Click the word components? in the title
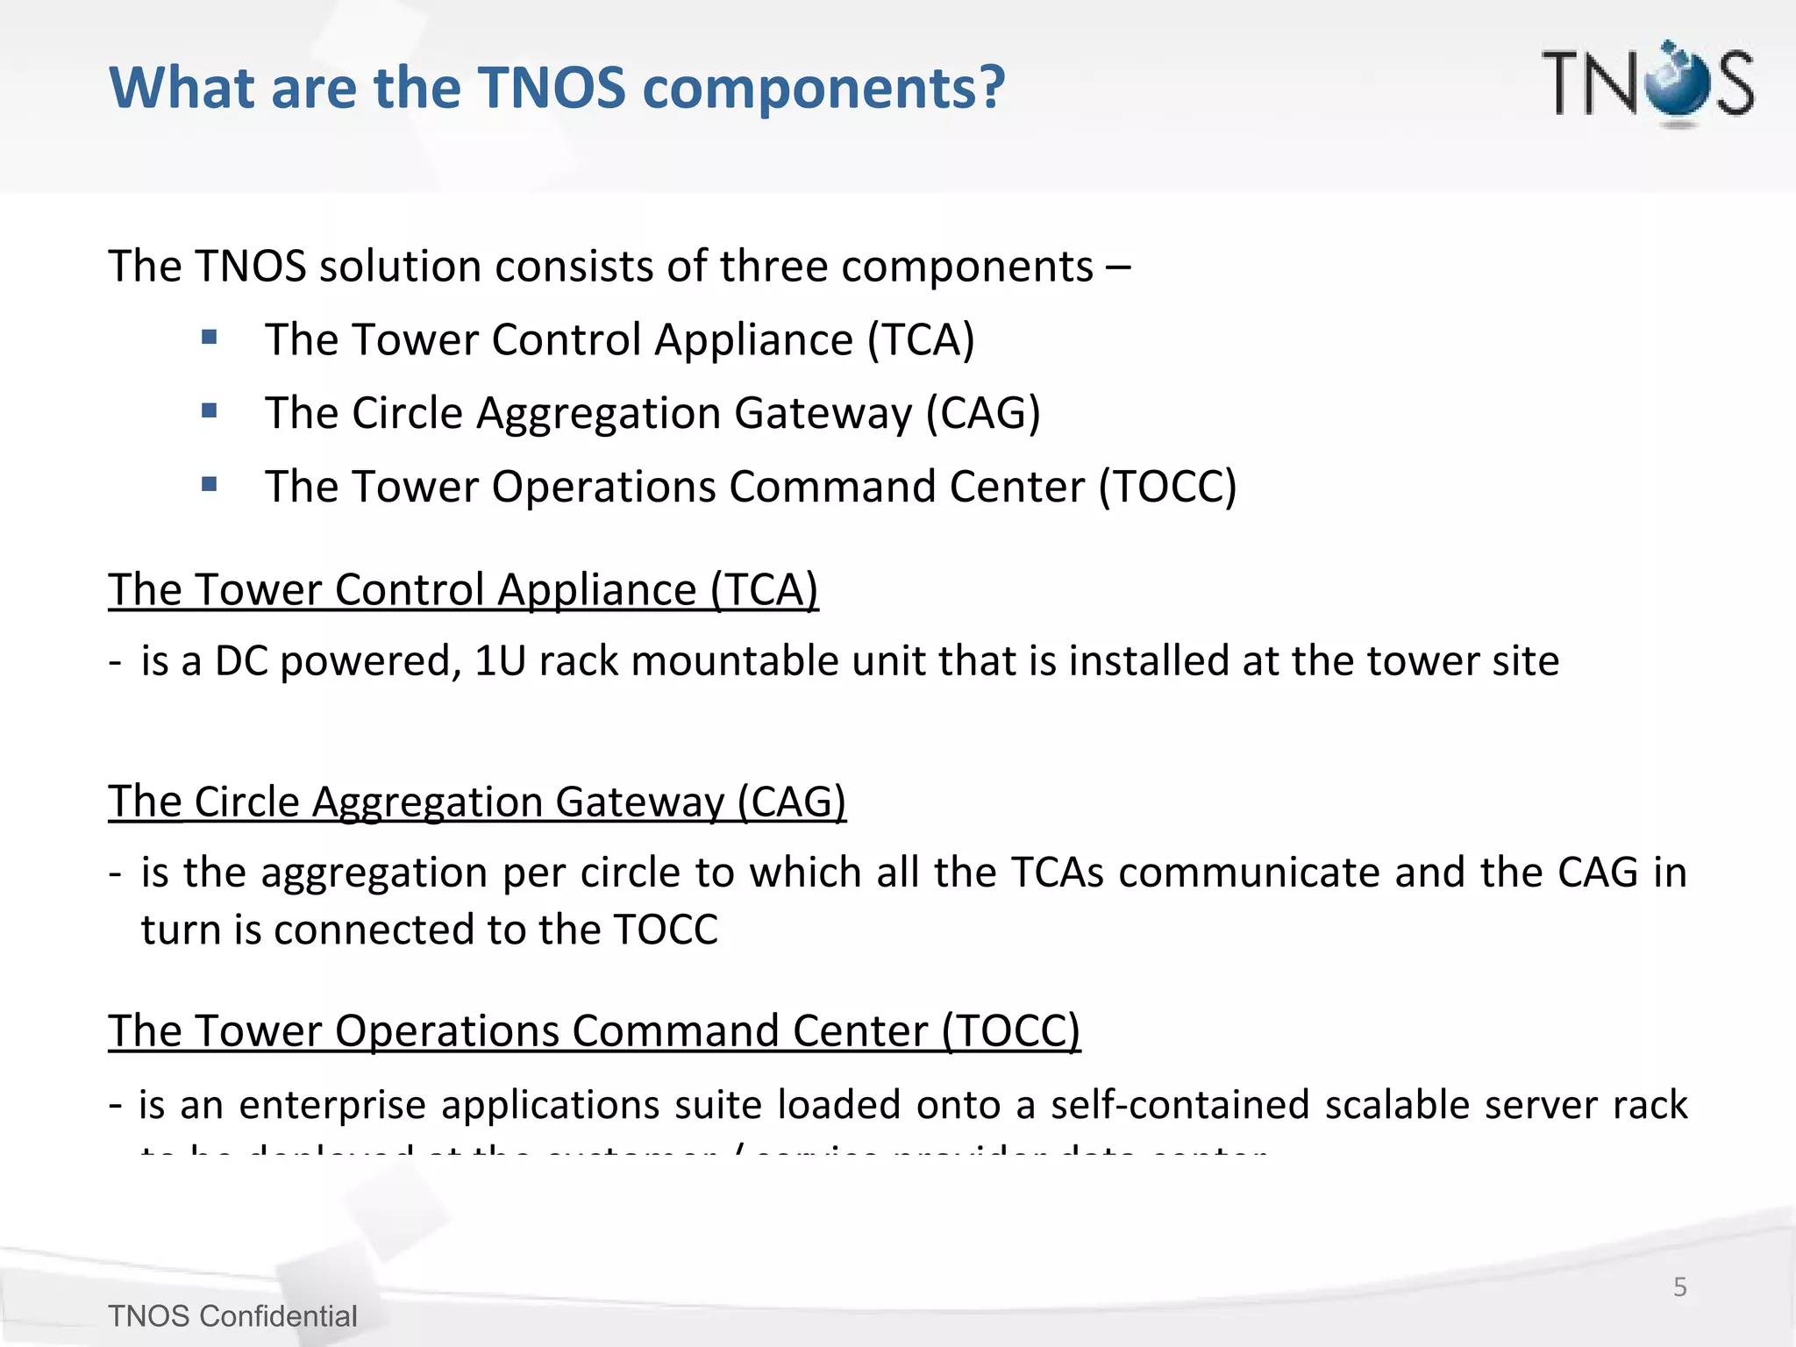(823, 89)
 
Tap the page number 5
(1679, 1286)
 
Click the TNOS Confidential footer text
(232, 1316)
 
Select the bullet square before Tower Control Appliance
(209, 338)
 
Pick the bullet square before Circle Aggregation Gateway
(209, 410)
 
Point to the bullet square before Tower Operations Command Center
(209, 484)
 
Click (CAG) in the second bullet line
(983, 413)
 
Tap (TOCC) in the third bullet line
(1167, 487)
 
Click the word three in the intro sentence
(773, 267)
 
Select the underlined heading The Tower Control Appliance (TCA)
(463, 589)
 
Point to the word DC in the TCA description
(241, 661)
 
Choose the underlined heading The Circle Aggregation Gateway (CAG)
(477, 802)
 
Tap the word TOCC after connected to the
(666, 930)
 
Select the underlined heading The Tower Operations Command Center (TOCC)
(594, 1031)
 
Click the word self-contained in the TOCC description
(1180, 1105)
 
